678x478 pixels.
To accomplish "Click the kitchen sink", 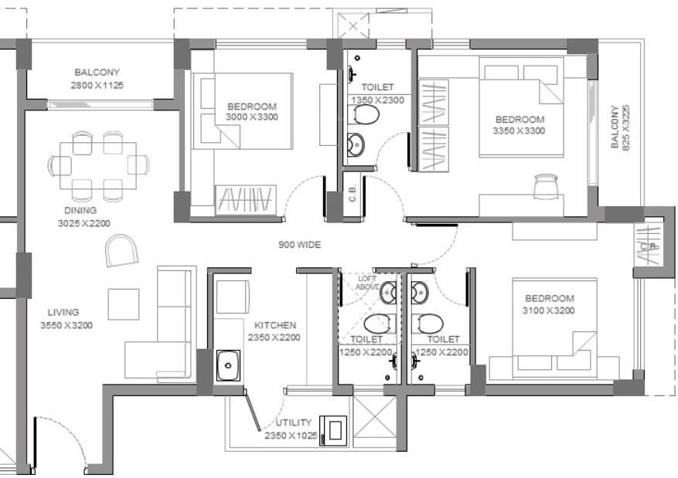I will tap(228, 364).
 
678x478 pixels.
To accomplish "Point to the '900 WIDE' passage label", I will tap(299, 245).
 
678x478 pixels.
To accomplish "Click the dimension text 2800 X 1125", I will tap(99, 85).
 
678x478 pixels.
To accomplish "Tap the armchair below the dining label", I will tap(121, 250).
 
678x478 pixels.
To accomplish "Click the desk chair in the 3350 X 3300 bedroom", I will tap(545, 185).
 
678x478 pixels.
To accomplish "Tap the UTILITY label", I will tap(294, 422).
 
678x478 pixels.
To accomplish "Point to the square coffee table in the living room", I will tap(124, 303).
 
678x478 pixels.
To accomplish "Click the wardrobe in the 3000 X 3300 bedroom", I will tap(245, 200).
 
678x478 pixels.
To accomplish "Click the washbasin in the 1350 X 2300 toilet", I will tap(356, 144).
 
